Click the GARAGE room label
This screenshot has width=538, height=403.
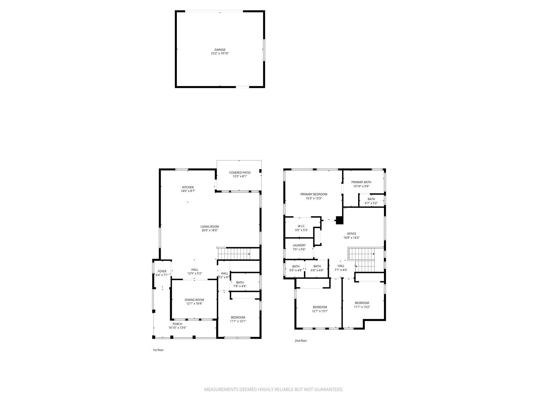[x=220, y=50]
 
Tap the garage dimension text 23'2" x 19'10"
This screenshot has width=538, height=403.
[x=220, y=53]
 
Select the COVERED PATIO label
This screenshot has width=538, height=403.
[x=240, y=173]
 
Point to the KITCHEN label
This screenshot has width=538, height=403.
[x=188, y=187]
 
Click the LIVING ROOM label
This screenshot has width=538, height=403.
[x=209, y=227]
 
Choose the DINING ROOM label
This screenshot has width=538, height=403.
[x=194, y=300]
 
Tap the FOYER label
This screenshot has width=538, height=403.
[x=162, y=271]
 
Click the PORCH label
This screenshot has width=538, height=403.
[x=177, y=324]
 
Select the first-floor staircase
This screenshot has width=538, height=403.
[x=234, y=254]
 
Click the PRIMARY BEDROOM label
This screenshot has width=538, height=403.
[x=314, y=194]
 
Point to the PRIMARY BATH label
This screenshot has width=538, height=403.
[x=361, y=182]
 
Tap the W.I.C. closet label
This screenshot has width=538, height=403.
[x=301, y=226]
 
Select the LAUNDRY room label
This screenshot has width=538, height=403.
[x=299, y=245]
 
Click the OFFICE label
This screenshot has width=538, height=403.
[x=351, y=234]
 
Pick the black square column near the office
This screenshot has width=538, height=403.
[x=339, y=220]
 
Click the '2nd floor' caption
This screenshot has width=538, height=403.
[x=301, y=341]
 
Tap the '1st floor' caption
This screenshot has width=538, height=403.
[x=158, y=350]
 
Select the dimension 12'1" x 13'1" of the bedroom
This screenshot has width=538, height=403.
[x=320, y=311]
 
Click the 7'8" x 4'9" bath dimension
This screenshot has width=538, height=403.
[x=240, y=286]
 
